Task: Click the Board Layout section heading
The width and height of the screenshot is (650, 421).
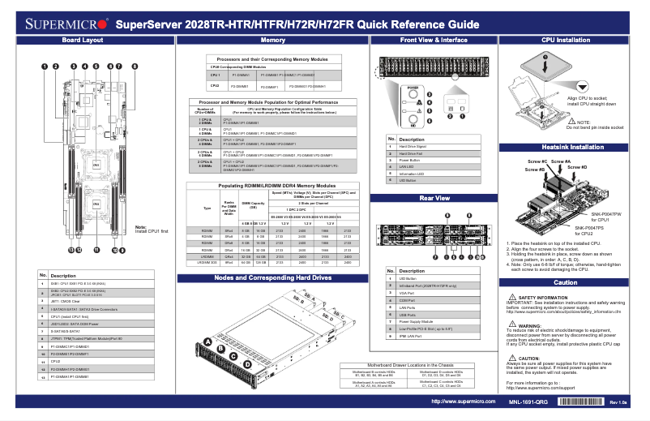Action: pos(83,40)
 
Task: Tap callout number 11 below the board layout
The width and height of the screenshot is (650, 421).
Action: pos(96,251)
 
